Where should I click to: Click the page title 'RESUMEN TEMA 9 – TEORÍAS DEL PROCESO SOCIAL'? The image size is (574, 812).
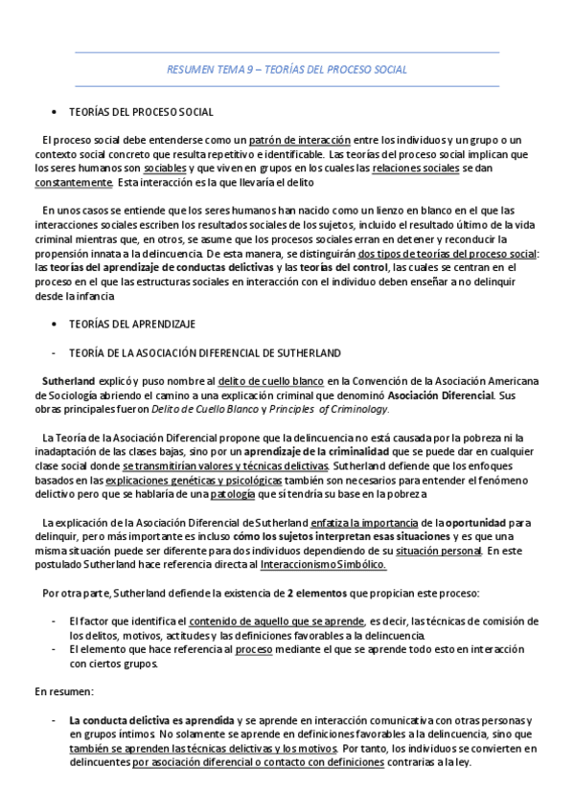pos(287,70)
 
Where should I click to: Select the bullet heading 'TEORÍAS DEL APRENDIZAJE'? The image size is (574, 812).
pos(132,325)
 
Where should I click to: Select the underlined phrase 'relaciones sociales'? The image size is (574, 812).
pos(415,168)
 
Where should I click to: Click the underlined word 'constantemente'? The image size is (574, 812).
pos(72,182)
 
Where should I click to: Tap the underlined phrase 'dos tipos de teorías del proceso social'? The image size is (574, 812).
pos(445,254)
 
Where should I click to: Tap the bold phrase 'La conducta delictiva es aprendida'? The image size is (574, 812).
pos(150,719)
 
